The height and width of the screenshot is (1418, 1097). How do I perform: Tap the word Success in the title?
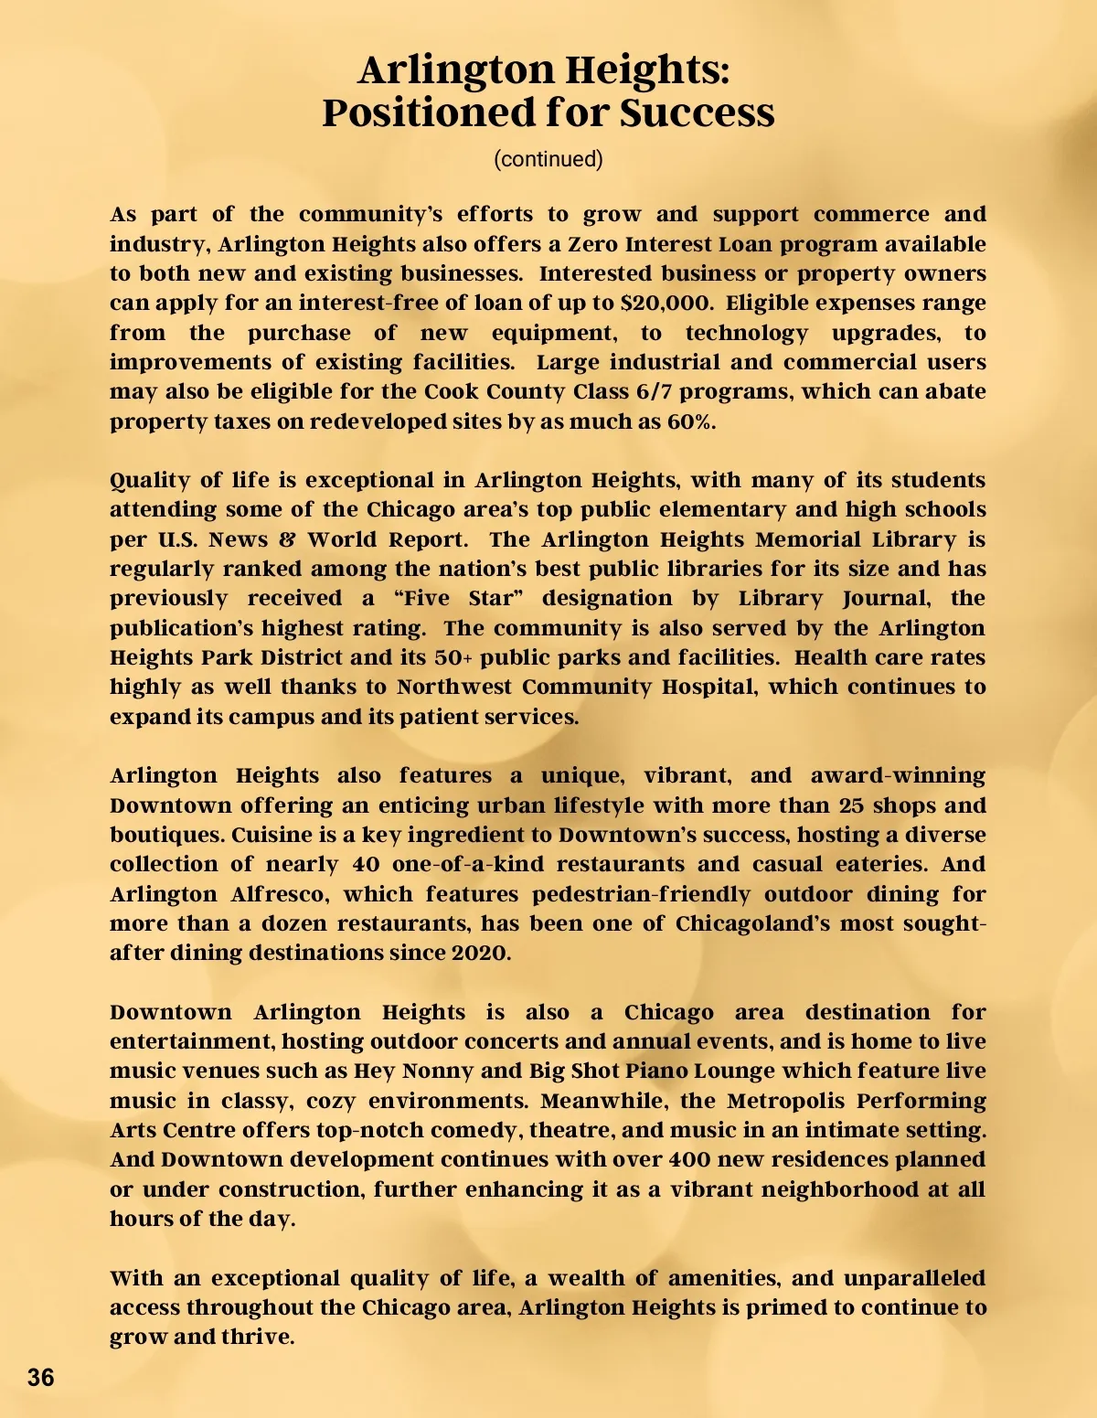[x=697, y=112]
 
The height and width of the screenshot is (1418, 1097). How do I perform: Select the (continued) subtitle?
[x=548, y=159]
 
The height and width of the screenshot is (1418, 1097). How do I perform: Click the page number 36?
[x=41, y=1377]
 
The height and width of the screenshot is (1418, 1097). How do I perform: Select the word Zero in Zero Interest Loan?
[x=593, y=244]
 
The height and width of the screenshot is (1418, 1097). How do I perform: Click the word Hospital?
[x=709, y=688]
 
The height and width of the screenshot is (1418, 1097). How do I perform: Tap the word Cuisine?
[x=272, y=835]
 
